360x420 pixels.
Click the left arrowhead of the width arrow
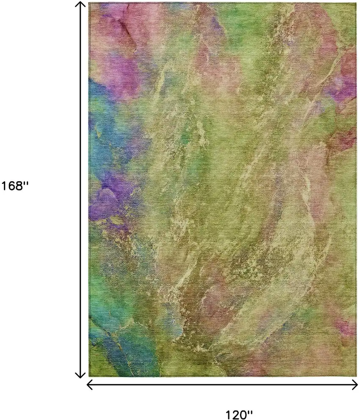point(89,384)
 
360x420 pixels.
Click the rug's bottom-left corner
point(89,376)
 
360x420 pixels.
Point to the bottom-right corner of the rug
point(357,376)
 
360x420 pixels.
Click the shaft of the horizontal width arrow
point(222,384)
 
